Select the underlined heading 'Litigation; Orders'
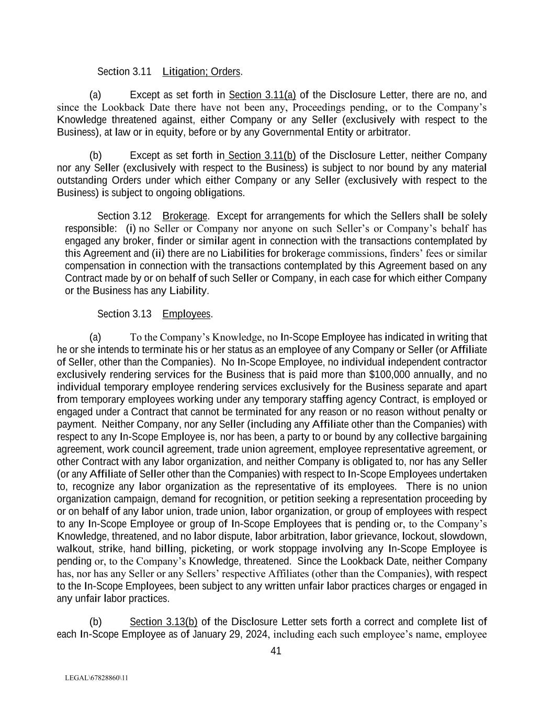point(201,71)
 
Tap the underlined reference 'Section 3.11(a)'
point(262,95)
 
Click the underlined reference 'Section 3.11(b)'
point(262,156)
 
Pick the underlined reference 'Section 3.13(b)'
point(163,622)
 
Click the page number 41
point(276,651)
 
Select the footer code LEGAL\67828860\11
point(96,678)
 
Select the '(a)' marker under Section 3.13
point(95,337)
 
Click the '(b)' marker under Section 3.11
point(95,156)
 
